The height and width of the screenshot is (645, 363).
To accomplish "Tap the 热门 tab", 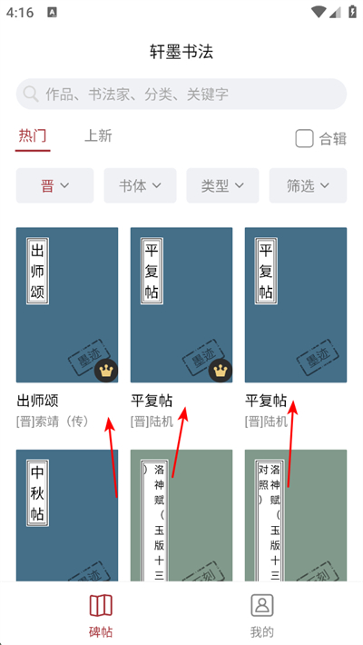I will pos(33,136).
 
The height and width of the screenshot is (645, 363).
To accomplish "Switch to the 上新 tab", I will pos(98,136).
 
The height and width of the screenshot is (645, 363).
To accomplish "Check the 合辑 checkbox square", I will pos(305,138).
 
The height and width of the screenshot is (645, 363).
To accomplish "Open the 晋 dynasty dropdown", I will pos(54,185).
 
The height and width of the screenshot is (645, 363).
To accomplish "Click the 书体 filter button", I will pos(140,185).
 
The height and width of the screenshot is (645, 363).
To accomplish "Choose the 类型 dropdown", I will pos(222,185).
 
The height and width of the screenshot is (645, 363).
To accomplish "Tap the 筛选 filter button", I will pos(308,185).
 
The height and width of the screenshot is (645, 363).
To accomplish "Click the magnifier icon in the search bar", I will pos(32,94).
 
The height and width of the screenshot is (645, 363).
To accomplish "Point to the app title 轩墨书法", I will pos(181,51).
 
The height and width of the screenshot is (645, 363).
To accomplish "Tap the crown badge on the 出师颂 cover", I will pos(106,371).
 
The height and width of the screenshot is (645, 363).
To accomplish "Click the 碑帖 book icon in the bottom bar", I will pos(101,605).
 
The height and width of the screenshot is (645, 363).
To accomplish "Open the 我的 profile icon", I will pos(262,605).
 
